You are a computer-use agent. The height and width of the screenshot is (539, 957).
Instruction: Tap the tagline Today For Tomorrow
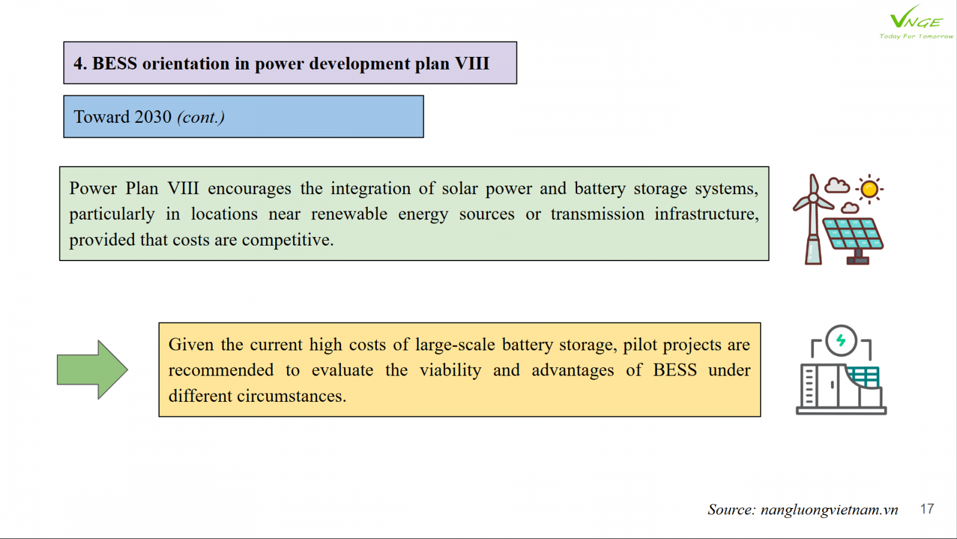tap(916, 37)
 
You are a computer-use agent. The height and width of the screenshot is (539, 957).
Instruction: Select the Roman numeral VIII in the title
tap(472, 63)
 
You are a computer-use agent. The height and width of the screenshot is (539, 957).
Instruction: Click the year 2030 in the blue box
tap(153, 117)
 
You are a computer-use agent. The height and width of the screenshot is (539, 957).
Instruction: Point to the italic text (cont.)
tap(201, 117)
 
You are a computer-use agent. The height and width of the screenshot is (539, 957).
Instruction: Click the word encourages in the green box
tap(249, 188)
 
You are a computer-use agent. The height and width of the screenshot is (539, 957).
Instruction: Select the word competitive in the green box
tap(288, 240)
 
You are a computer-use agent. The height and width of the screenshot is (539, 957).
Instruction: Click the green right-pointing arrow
tap(92, 370)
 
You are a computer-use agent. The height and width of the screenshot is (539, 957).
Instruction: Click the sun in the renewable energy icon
tap(870, 189)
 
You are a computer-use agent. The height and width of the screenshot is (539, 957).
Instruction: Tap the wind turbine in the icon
tap(813, 219)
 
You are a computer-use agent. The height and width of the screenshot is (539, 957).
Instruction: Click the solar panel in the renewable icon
tap(853, 240)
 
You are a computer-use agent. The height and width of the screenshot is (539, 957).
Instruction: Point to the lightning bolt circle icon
tap(841, 341)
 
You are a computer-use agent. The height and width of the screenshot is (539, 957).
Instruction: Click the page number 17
tap(926, 509)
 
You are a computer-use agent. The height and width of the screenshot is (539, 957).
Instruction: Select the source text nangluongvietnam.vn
tap(829, 510)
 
